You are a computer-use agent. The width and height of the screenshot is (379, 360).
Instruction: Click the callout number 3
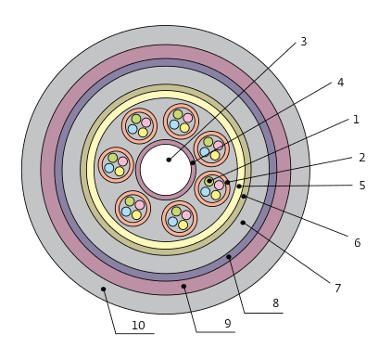(x=304, y=42)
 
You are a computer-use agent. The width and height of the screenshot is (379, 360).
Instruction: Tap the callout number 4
(x=340, y=83)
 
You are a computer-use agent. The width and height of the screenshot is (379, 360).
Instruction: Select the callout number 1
(x=356, y=120)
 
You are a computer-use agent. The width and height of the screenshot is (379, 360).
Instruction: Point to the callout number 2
(x=362, y=158)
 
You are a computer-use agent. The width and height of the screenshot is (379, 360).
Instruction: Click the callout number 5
(x=362, y=186)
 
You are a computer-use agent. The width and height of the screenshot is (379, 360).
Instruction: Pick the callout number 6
(x=357, y=243)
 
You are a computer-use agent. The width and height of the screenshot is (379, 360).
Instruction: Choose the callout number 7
(x=338, y=289)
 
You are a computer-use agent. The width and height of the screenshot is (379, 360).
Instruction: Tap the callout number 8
(x=275, y=303)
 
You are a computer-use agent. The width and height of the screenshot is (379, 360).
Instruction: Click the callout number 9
(x=228, y=324)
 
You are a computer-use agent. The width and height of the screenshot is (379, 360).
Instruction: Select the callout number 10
(x=138, y=326)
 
